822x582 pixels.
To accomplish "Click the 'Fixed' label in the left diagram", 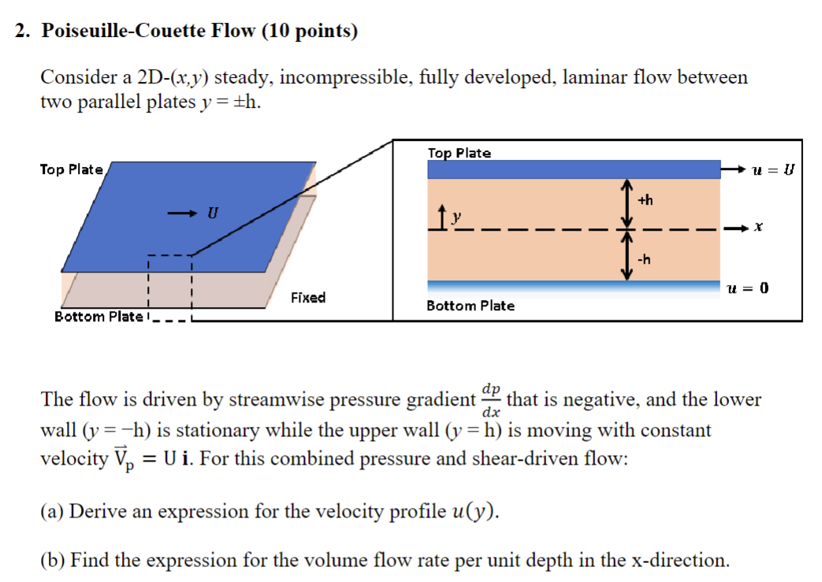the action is [307, 298].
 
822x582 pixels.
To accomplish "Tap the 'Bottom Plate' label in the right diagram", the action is [471, 306].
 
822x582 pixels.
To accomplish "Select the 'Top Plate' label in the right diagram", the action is [459, 153].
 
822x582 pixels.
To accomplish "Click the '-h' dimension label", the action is [644, 260].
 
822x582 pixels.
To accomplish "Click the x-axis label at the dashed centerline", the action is [758, 228].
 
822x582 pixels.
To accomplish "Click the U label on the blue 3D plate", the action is [211, 212].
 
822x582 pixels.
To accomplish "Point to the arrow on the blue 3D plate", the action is [180, 212].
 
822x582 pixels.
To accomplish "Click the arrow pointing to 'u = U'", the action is [733, 169].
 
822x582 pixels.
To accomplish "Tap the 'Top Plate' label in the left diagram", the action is [71, 169].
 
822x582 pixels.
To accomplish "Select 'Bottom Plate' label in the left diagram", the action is [99, 317].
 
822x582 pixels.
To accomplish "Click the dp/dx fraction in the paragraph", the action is [491, 400].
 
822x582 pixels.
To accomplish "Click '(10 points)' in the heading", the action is [309, 32].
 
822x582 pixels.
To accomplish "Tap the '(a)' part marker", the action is [52, 512].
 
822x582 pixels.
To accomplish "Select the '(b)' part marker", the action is [53, 561].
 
